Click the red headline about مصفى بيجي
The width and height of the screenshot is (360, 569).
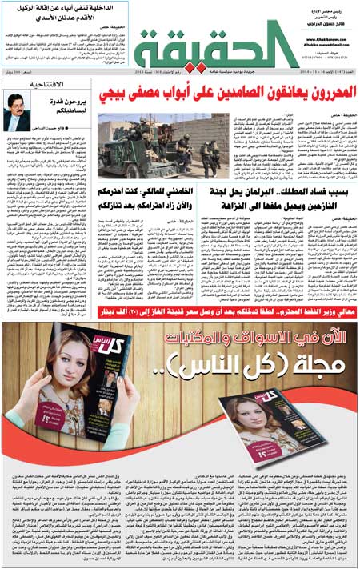click(x=226, y=98)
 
